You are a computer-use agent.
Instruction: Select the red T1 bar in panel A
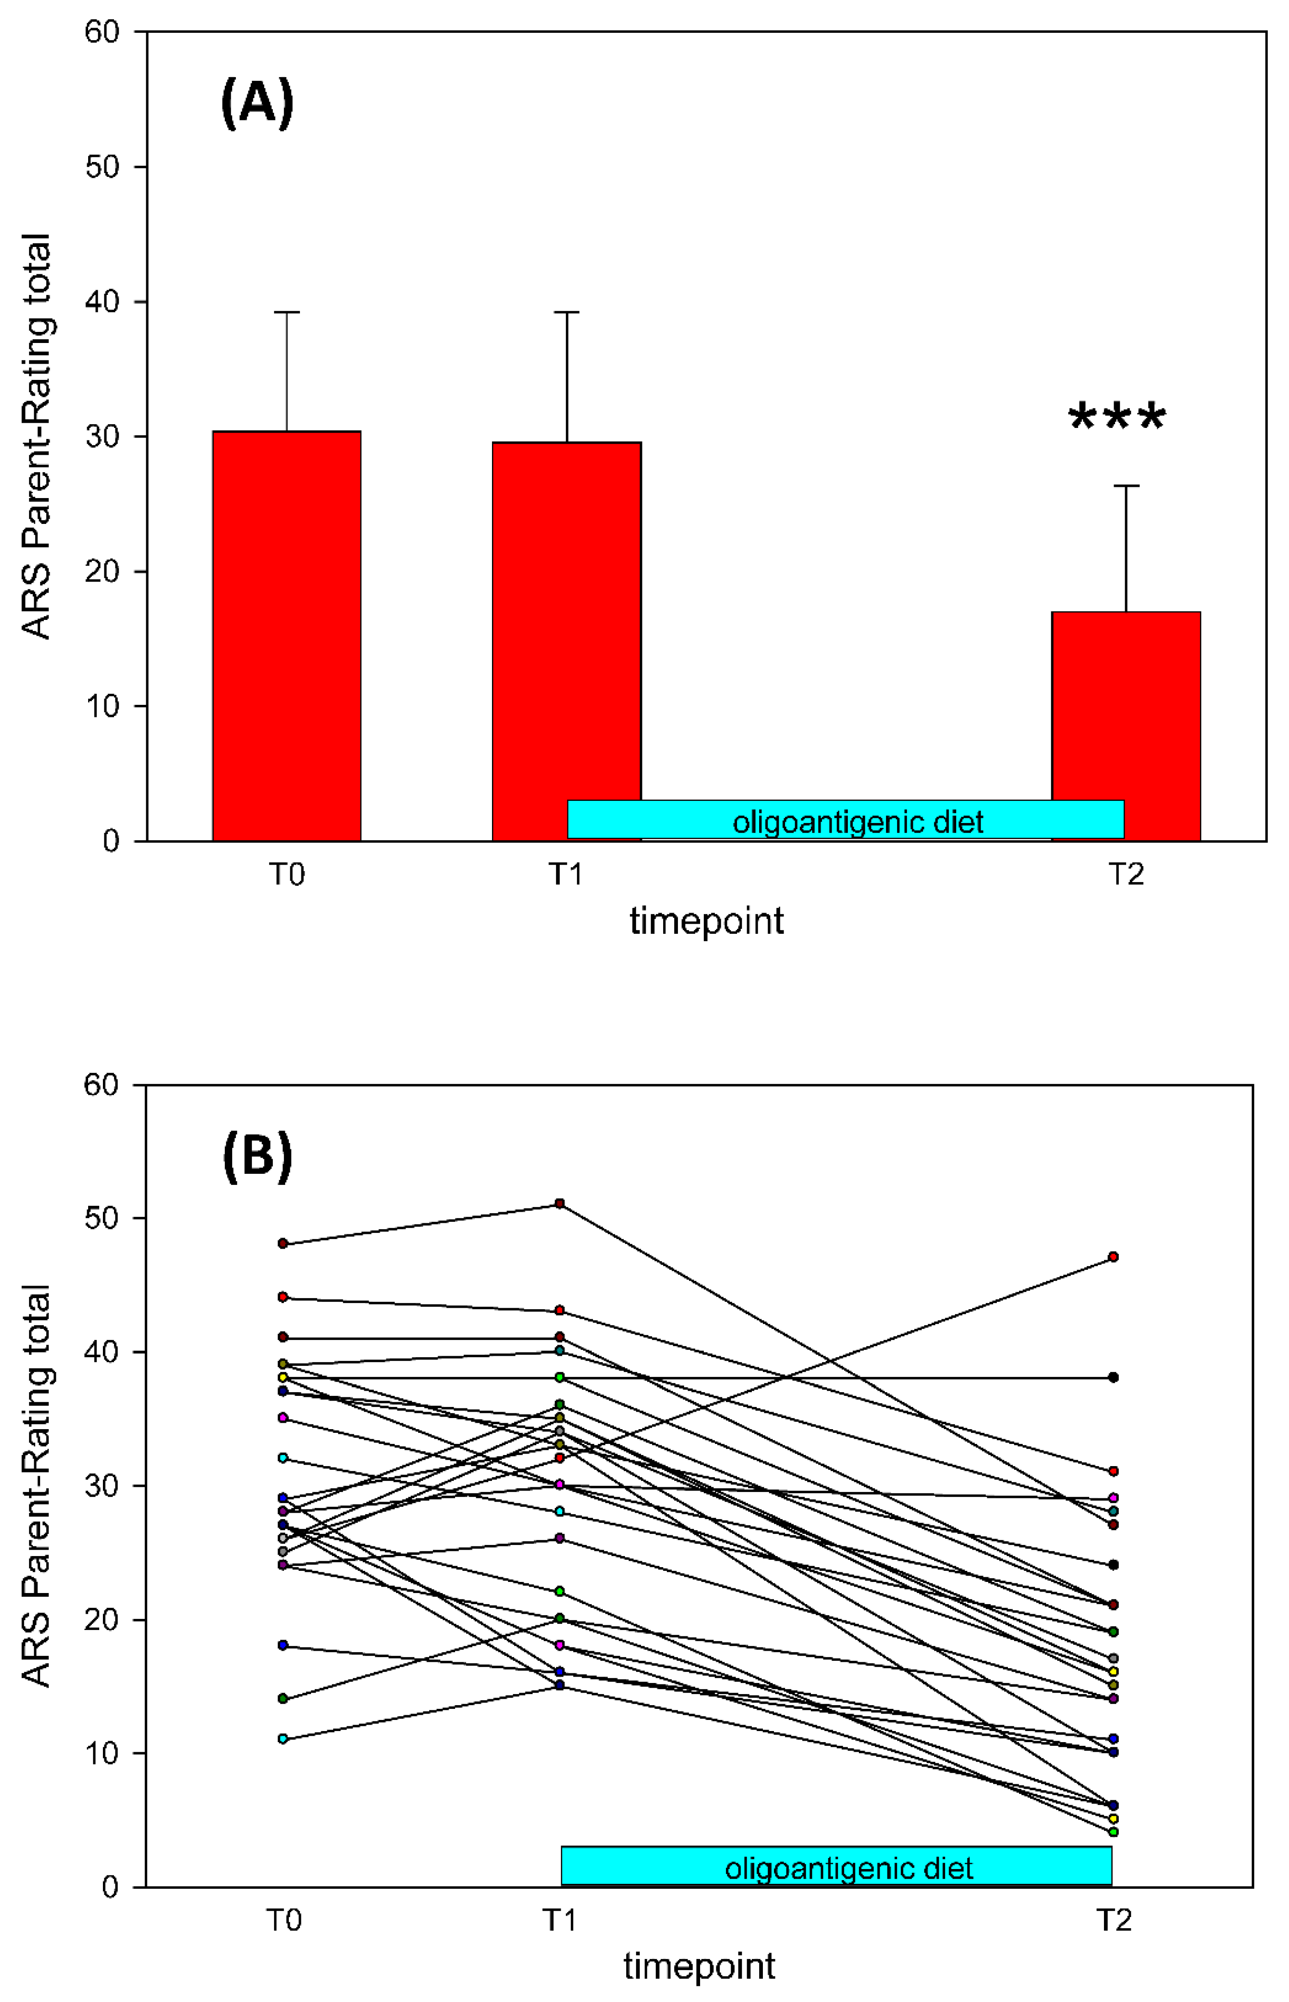coord(567,619)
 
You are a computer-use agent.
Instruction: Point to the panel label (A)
coord(257,103)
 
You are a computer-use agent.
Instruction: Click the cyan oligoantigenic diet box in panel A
coord(845,820)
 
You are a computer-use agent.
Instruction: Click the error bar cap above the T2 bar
coord(1126,486)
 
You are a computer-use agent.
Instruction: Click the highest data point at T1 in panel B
coord(560,1203)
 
